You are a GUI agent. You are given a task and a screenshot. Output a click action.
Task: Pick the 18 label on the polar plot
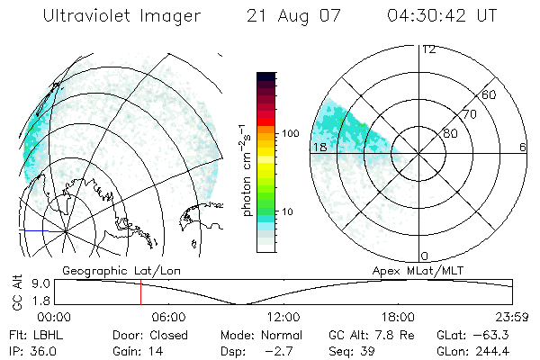tap(319, 147)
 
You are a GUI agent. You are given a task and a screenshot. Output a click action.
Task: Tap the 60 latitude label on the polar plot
tap(490, 94)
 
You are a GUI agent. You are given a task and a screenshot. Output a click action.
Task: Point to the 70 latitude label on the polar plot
tap(469, 114)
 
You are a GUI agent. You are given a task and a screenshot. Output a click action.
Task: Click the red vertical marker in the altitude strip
tap(140, 292)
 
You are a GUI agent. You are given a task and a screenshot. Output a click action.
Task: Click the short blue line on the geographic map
tap(34, 231)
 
